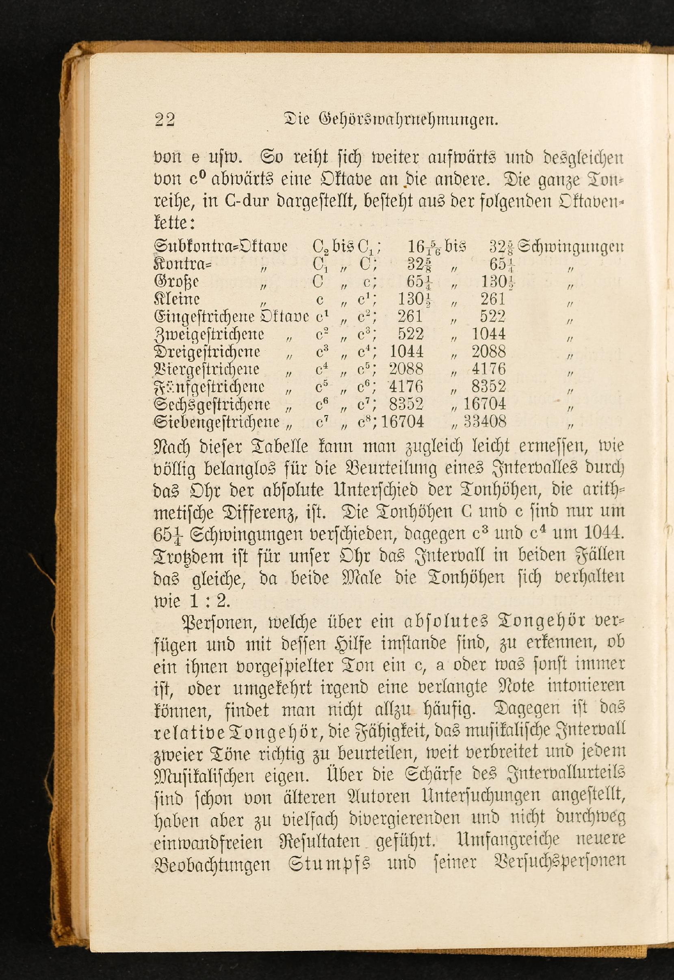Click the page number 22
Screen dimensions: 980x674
point(164,120)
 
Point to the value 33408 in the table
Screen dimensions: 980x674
point(485,422)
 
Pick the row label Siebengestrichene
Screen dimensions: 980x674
point(217,422)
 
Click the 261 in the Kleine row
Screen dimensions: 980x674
point(493,299)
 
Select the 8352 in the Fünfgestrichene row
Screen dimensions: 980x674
point(489,387)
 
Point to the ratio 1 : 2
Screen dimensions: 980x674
point(207,601)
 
